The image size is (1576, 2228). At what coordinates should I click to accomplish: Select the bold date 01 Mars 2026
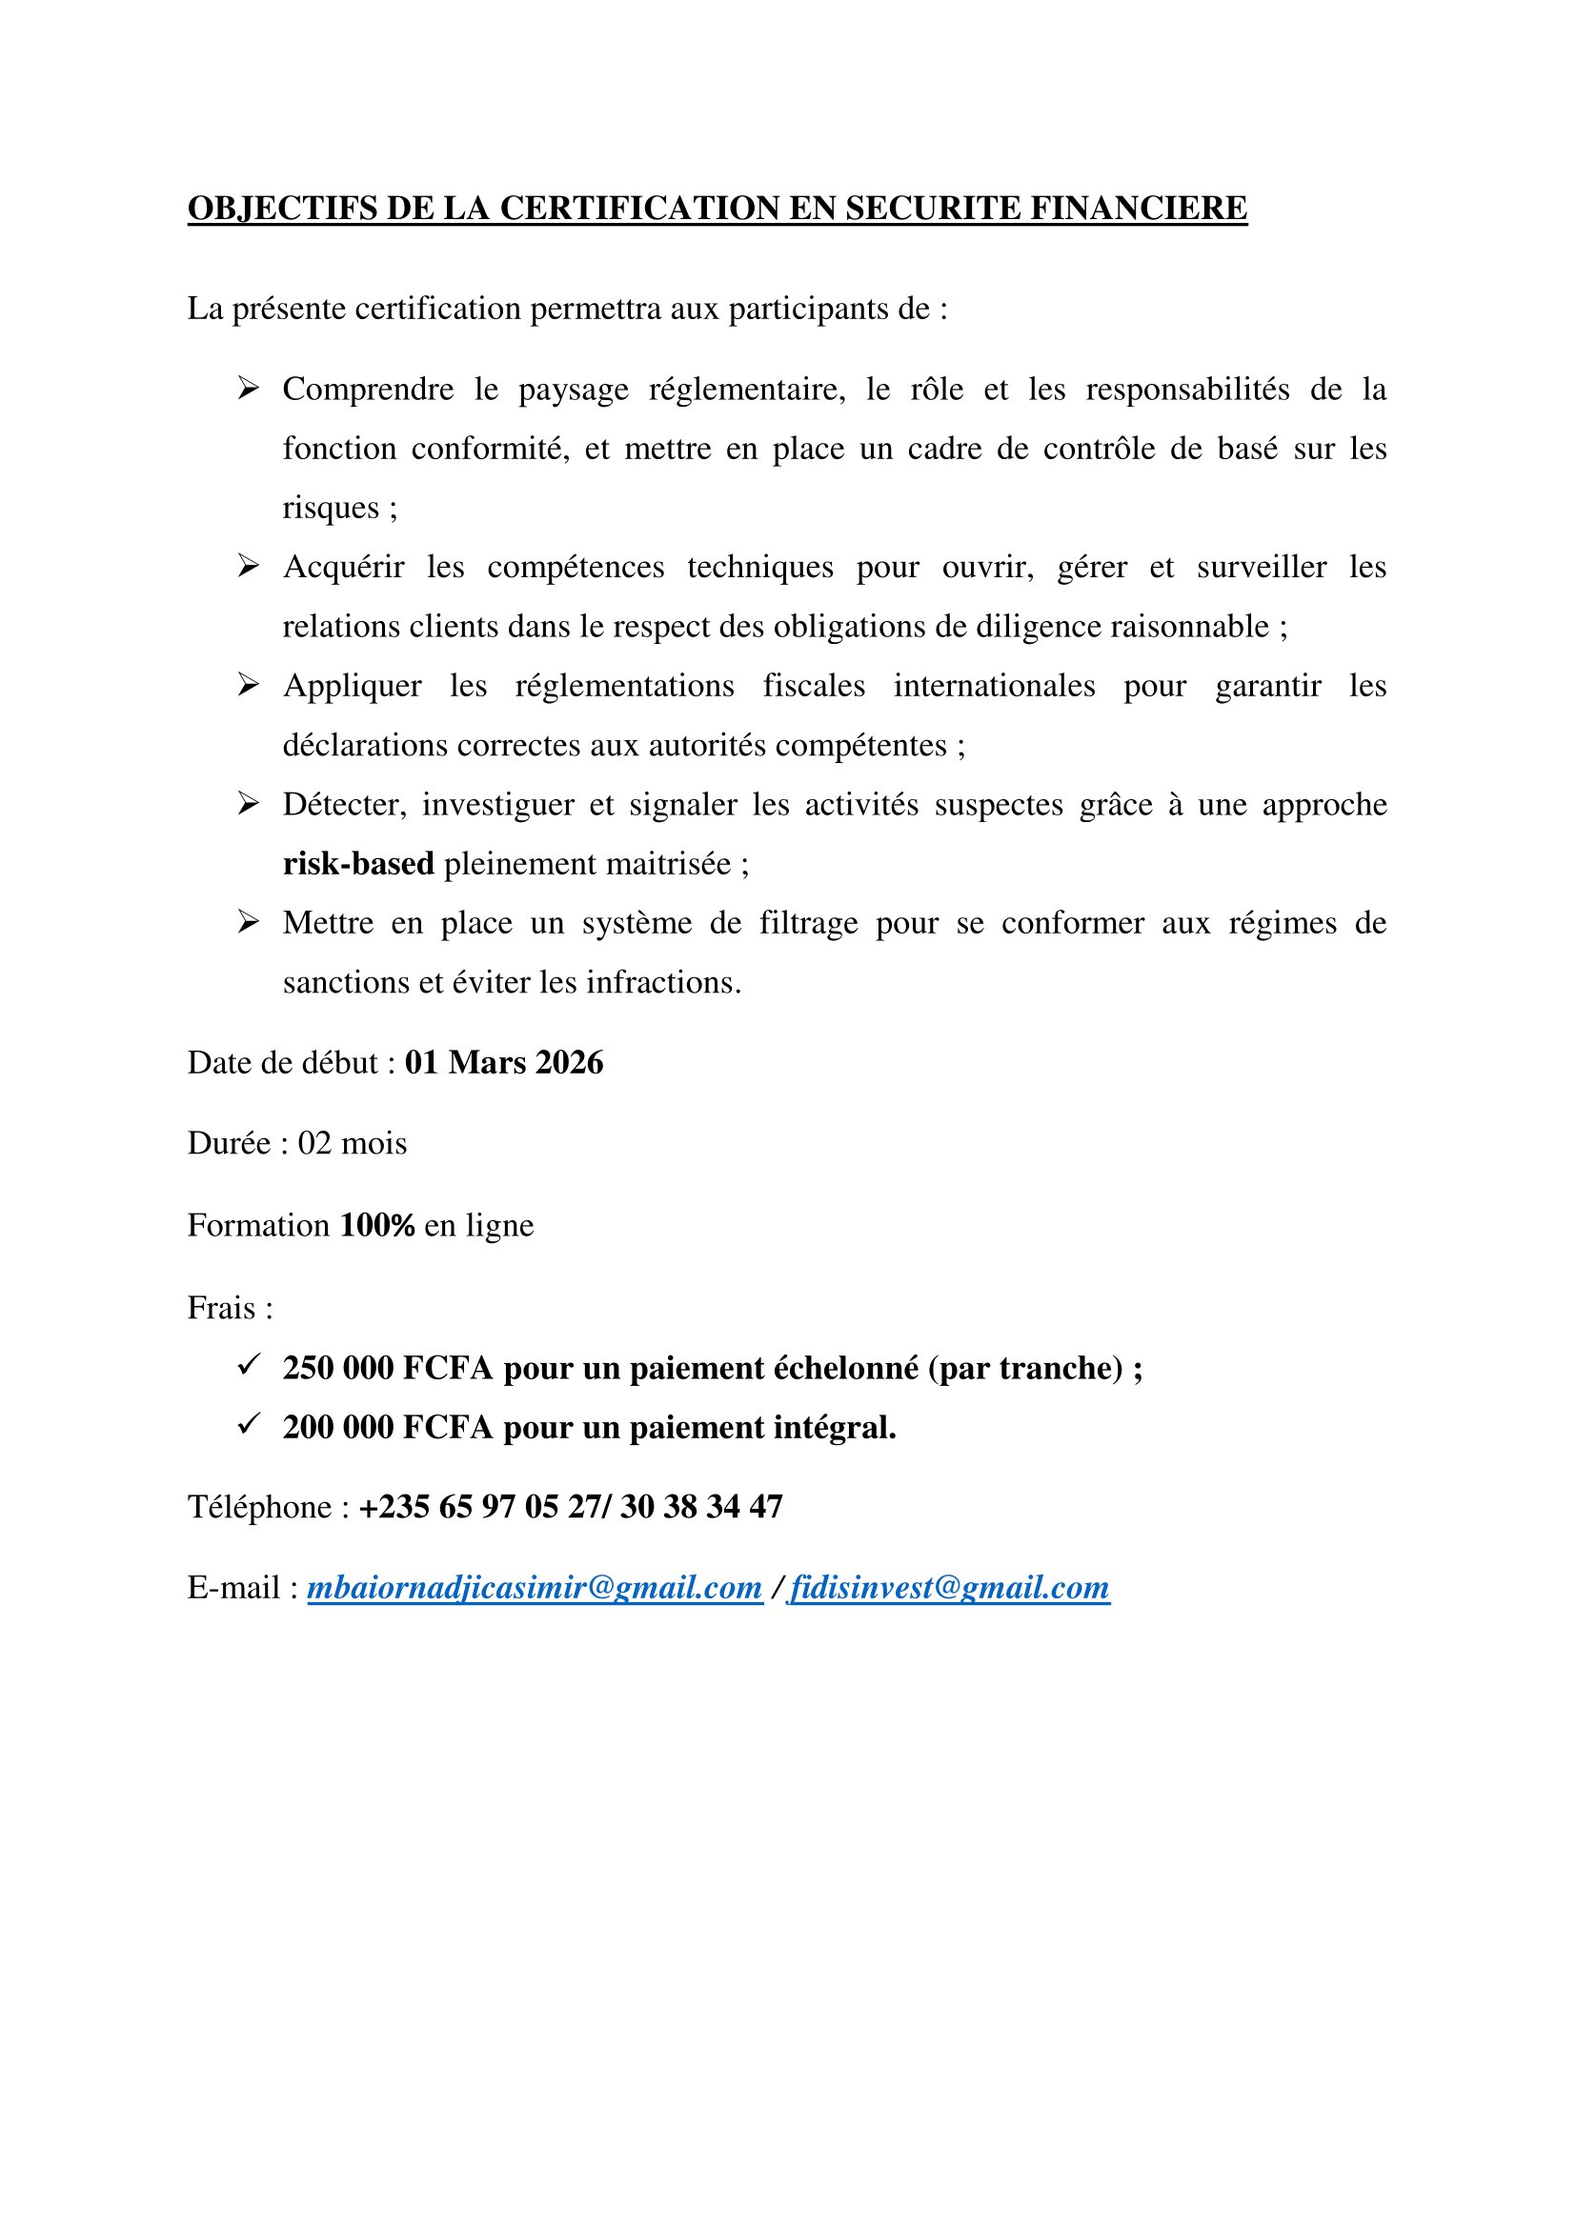tap(504, 1063)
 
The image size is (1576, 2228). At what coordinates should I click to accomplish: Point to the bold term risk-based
tap(358, 864)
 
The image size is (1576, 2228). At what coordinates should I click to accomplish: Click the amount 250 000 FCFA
tap(388, 1367)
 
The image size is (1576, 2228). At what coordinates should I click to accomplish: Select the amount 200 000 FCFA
tap(388, 1427)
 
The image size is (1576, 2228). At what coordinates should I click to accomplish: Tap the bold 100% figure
tap(377, 1226)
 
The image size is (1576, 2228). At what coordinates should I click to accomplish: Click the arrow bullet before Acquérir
tap(249, 567)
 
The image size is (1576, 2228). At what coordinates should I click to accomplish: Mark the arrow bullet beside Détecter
tap(249, 804)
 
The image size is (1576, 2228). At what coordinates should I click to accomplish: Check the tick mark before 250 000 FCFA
tap(249, 1364)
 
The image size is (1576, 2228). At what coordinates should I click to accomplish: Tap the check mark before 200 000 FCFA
tap(249, 1423)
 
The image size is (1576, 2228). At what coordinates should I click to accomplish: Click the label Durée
tap(229, 1144)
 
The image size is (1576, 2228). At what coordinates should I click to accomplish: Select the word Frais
tap(221, 1308)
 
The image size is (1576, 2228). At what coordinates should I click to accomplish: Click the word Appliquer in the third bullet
tap(353, 686)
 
